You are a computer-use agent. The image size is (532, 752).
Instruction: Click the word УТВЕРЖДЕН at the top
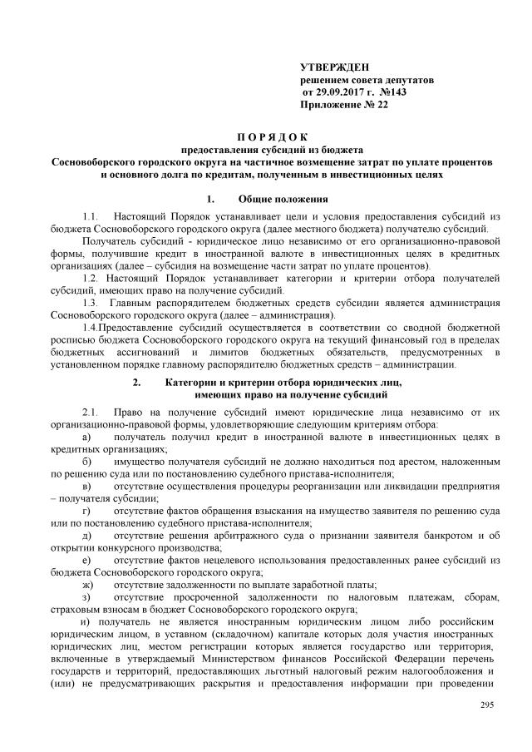(334, 67)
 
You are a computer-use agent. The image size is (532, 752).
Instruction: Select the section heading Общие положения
(283, 200)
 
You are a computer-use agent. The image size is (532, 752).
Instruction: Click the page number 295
(487, 706)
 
